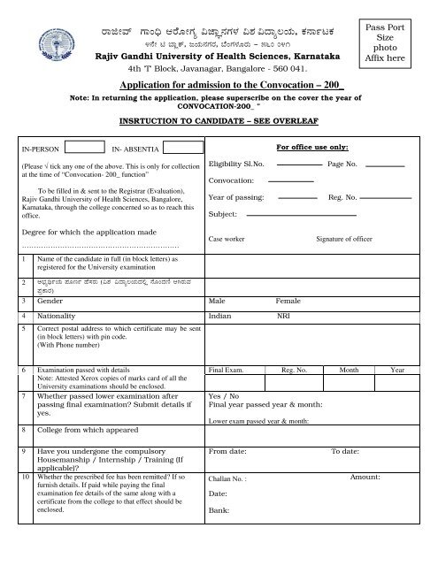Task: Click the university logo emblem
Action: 36,37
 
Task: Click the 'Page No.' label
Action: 342,165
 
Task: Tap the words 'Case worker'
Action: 227,239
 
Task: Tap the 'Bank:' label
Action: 219,510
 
